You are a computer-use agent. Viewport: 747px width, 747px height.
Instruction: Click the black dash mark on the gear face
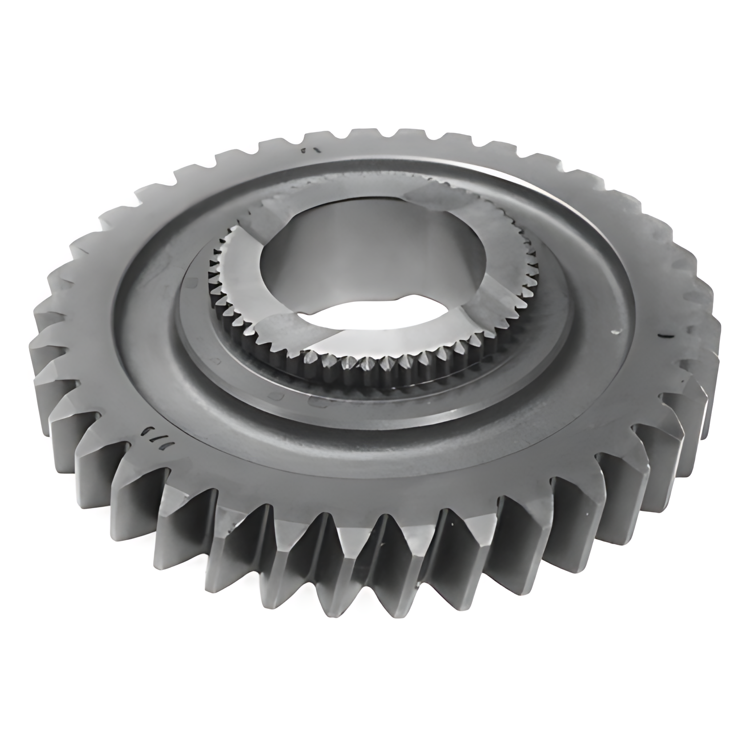663,337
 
